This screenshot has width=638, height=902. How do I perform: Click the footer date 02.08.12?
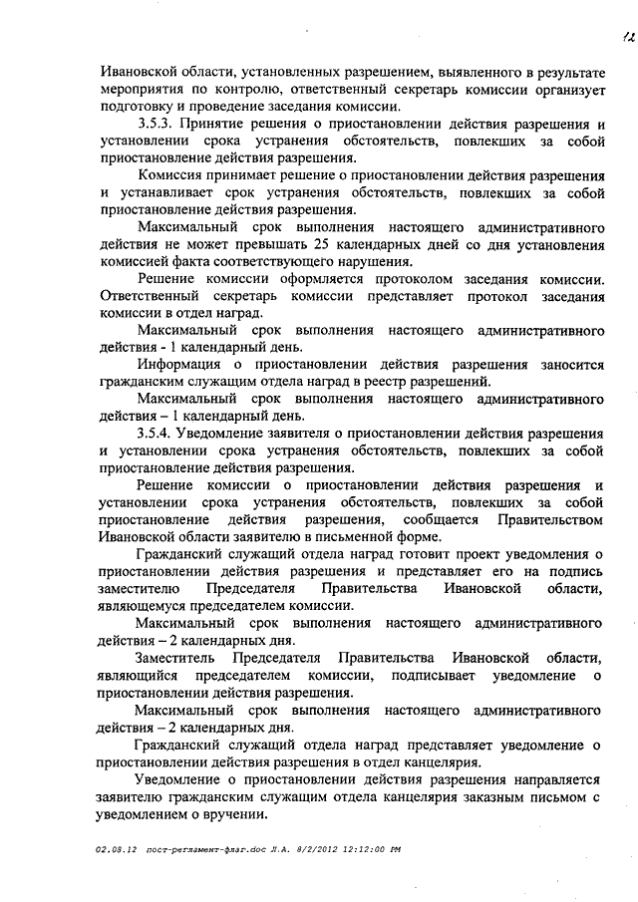(x=116, y=849)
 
